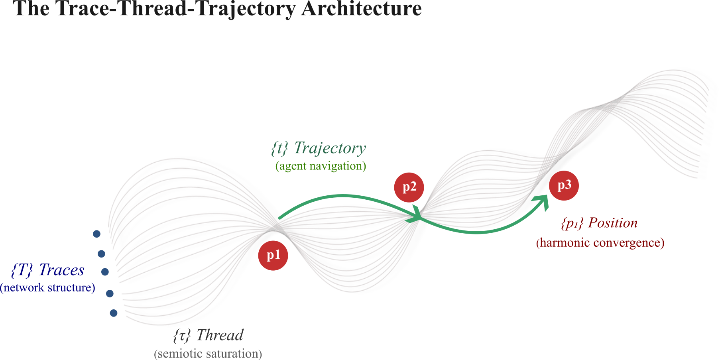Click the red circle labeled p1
[273, 256]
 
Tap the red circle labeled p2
[409, 187]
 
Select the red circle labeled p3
[564, 185]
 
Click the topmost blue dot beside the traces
[96, 234]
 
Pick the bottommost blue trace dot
[114, 313]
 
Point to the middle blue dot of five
[105, 272]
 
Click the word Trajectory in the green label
[330, 148]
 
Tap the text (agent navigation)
[321, 166]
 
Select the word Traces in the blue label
[61, 270]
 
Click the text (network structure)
[47, 288]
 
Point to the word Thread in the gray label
[220, 335]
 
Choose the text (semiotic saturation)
[208, 354]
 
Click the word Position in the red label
[613, 223]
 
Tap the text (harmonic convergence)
[600, 242]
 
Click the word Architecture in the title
[361, 9]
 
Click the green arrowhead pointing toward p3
[543, 201]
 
